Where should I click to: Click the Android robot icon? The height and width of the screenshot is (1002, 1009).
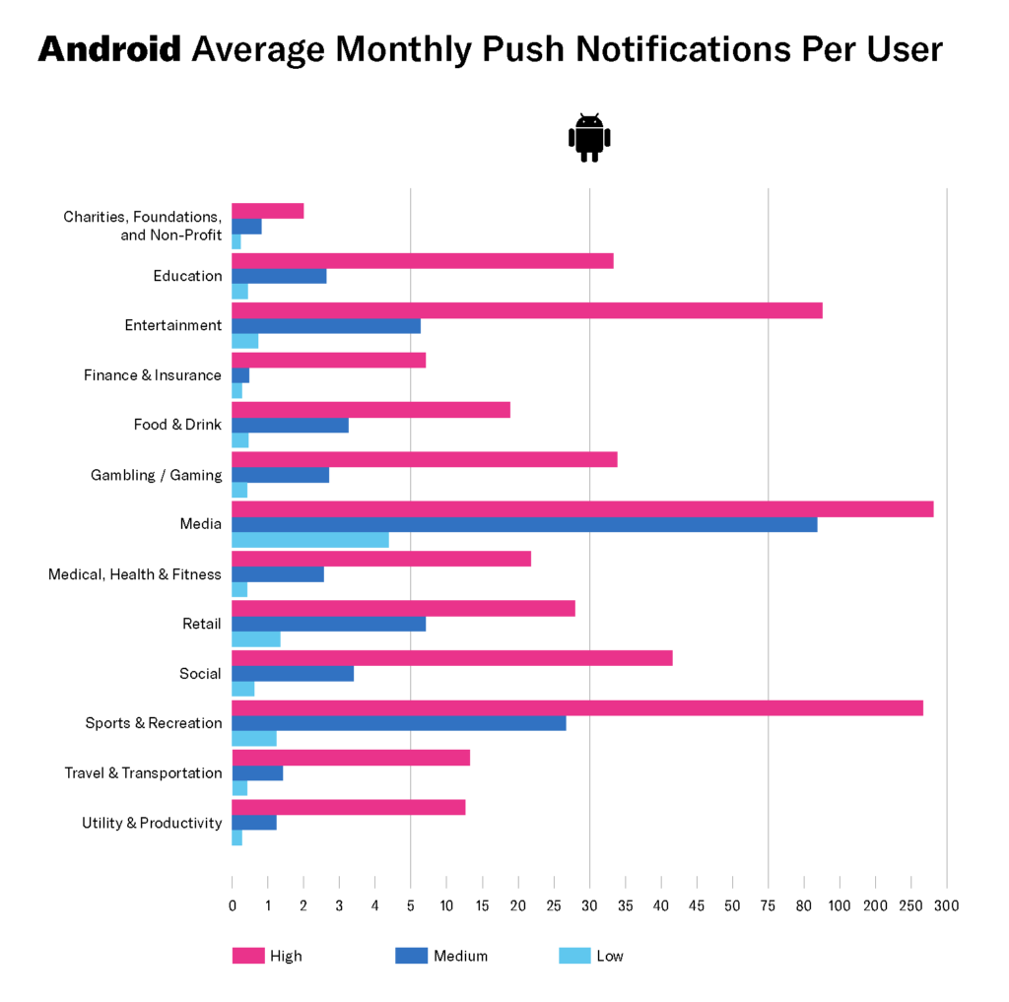coord(589,138)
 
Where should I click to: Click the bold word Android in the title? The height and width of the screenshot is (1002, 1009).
coord(109,49)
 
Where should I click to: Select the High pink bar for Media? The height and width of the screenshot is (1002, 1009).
coord(582,509)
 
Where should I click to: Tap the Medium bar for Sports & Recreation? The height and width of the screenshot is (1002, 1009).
coord(399,723)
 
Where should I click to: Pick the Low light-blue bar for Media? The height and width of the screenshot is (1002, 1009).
coord(310,540)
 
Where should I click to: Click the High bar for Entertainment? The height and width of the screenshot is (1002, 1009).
coord(527,310)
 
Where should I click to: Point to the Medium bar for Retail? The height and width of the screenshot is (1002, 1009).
coord(328,624)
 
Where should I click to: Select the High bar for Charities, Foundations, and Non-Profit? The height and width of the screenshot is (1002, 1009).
coord(267,211)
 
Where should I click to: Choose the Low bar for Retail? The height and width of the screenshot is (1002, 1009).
coord(256,639)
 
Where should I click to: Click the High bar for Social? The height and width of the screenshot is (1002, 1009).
coord(452,658)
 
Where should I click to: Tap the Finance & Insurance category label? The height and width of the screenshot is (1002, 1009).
coord(153,375)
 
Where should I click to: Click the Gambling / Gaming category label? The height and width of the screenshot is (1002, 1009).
coord(157,475)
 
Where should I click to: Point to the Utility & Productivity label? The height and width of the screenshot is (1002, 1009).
coord(152,823)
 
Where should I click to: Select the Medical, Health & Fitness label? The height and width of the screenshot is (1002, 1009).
coord(135,574)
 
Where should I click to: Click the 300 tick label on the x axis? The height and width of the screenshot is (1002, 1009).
coord(947,905)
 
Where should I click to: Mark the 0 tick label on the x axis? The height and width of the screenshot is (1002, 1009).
coord(233,905)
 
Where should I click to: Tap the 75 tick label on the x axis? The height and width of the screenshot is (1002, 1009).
coord(769,905)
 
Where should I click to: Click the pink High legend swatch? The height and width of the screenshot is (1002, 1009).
coord(248,956)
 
